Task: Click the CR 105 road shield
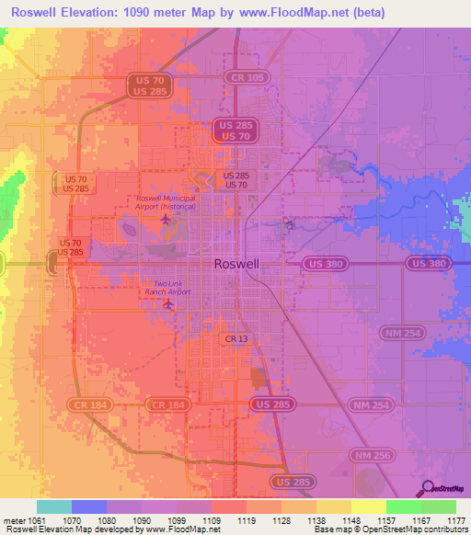[x=246, y=78]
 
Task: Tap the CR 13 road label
[x=236, y=339]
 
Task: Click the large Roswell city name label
[x=235, y=263]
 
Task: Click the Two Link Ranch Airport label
[x=172, y=288]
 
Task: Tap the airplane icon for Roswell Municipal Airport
[x=166, y=220]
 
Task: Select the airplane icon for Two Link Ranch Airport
[x=167, y=303]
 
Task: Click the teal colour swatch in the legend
[x=53, y=506]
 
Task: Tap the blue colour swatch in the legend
[x=88, y=506]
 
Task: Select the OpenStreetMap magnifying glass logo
[x=426, y=488]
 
